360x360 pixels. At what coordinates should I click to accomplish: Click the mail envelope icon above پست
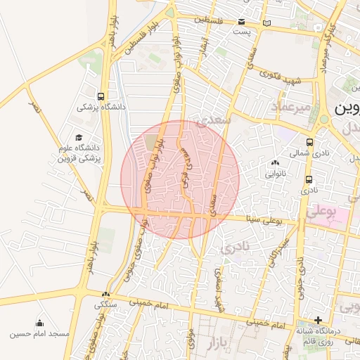click(242, 22)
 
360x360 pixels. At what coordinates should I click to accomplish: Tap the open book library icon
click(265, 25)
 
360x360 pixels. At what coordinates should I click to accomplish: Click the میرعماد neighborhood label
click(290, 106)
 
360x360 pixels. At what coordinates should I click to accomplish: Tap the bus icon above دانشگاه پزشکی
click(102, 96)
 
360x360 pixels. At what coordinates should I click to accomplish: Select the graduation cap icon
click(78, 138)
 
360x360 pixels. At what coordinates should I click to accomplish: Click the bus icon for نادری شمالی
click(310, 141)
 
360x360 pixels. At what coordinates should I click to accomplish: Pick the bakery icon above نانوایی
click(275, 162)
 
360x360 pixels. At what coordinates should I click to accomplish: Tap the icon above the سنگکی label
click(105, 295)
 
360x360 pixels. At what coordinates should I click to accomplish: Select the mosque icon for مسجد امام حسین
click(39, 323)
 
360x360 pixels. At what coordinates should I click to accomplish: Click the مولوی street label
click(191, 341)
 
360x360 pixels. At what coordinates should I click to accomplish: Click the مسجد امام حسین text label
click(39, 333)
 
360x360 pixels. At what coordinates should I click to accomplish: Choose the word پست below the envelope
click(242, 32)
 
